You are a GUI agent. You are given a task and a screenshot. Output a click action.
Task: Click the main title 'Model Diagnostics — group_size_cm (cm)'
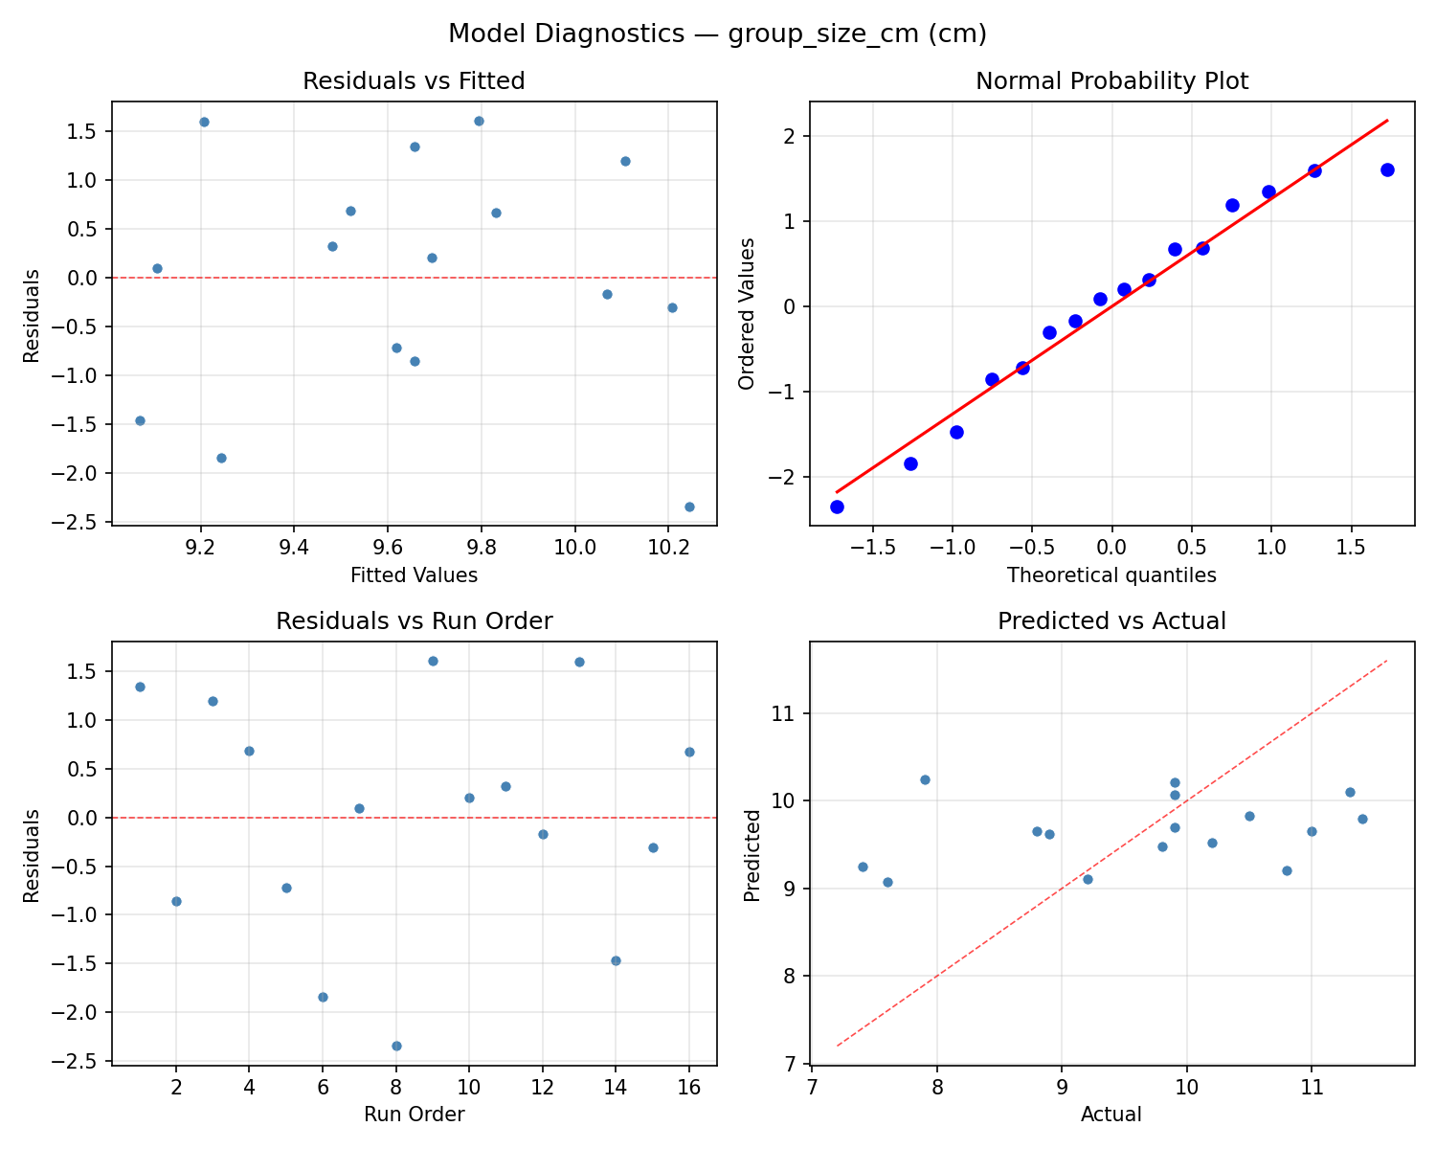tap(717, 34)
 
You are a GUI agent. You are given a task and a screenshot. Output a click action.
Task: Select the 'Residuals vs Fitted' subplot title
tap(414, 81)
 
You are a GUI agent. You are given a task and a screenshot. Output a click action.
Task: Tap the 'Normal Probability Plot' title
tap(1111, 81)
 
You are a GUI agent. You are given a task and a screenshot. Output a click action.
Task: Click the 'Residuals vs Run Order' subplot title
tap(414, 621)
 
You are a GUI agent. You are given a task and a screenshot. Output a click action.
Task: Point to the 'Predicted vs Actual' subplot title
tap(1111, 621)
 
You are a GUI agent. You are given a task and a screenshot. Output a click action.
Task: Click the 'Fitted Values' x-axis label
tap(414, 575)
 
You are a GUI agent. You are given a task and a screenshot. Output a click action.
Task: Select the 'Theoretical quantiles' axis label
tap(1111, 575)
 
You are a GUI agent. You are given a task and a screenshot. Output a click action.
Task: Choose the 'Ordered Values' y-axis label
tap(747, 313)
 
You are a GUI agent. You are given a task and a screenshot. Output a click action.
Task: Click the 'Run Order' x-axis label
tap(414, 1115)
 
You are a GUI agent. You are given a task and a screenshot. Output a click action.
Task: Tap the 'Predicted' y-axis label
tap(752, 854)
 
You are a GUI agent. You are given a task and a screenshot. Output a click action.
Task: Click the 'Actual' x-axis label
tap(1111, 1115)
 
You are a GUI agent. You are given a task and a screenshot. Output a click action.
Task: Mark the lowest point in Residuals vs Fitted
tap(689, 507)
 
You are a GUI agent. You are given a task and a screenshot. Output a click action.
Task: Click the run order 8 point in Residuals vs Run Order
tap(396, 1046)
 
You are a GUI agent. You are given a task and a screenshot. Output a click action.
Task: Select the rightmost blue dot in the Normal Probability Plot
tap(1387, 169)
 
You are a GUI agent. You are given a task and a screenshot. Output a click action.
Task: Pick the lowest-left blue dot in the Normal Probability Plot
tap(837, 507)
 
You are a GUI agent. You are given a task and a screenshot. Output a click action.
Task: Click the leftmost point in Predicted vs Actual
tap(863, 867)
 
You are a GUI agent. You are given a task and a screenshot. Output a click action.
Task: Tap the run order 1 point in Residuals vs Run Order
tap(140, 687)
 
